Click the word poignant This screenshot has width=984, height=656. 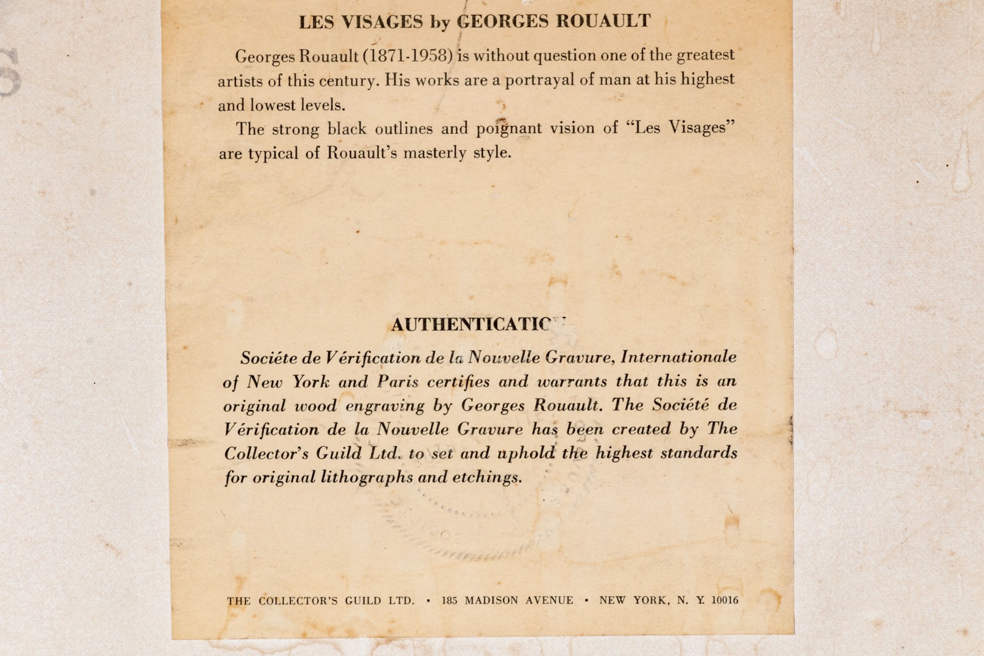coord(509,129)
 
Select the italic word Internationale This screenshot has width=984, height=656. coord(678,358)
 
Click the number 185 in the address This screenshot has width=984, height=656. coord(449,600)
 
